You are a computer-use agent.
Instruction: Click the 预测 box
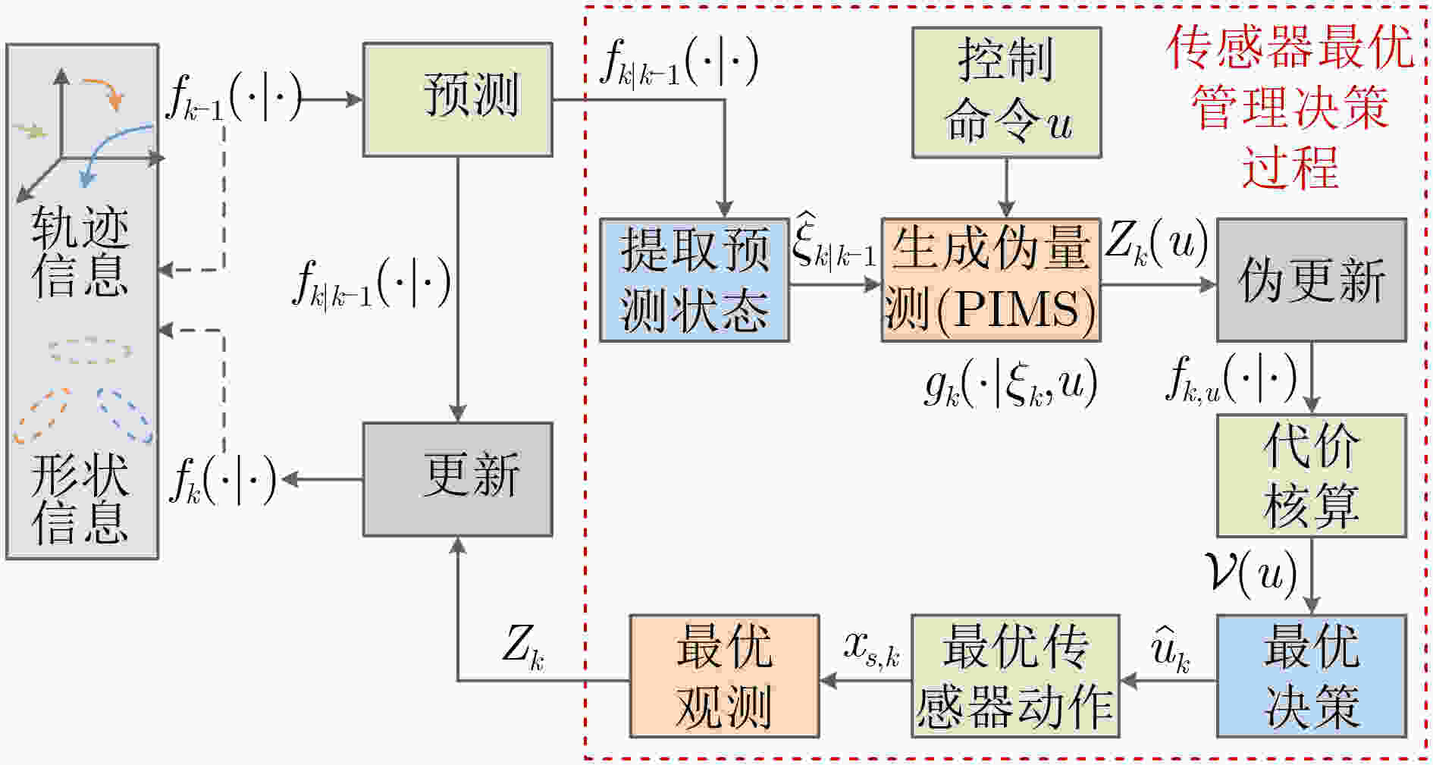(x=457, y=100)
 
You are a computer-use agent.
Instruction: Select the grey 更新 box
(x=457, y=479)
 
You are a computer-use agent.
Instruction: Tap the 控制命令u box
(x=1006, y=92)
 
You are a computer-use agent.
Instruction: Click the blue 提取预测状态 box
(x=695, y=280)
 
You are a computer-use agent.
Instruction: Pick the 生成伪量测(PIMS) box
(x=991, y=280)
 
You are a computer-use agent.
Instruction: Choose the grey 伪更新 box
(x=1312, y=280)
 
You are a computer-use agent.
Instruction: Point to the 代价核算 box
(x=1312, y=475)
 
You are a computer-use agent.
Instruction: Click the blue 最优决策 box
(x=1312, y=676)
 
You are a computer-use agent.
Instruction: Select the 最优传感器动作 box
(x=1015, y=676)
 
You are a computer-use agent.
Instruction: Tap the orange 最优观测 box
(x=725, y=676)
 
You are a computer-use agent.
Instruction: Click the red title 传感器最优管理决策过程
(x=1290, y=107)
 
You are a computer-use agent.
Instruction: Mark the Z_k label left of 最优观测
(x=523, y=648)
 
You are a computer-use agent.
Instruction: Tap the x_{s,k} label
(x=872, y=649)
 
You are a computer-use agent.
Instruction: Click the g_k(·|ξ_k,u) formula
(x=1011, y=384)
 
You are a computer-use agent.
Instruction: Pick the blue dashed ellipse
(x=124, y=415)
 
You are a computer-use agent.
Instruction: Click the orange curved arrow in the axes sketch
(x=105, y=91)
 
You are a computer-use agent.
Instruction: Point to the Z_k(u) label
(x=1156, y=244)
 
